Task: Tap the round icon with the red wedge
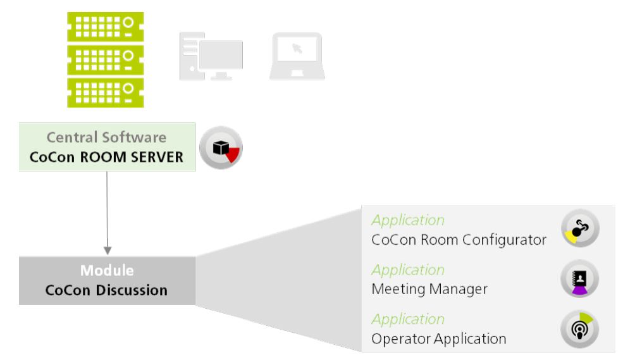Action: tap(221, 148)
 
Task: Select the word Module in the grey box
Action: tap(107, 271)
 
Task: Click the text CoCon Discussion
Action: tap(107, 291)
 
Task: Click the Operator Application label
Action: tap(439, 338)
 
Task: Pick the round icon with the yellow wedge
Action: tap(580, 228)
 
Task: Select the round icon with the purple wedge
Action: tap(580, 278)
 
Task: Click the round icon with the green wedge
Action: tap(580, 328)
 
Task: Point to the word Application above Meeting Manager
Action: tap(408, 270)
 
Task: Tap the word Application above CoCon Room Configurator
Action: tap(408, 220)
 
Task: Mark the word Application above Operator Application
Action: tap(408, 319)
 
